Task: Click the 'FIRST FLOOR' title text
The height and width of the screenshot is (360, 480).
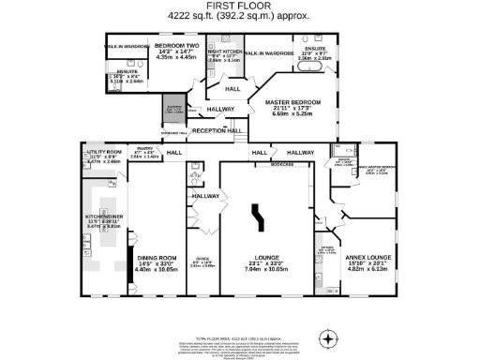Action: pos(239,6)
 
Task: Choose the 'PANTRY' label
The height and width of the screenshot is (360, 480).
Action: pos(143,147)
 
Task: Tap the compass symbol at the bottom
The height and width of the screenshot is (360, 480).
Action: pos(327,337)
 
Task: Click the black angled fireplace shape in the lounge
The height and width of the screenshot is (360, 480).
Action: pos(255,218)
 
